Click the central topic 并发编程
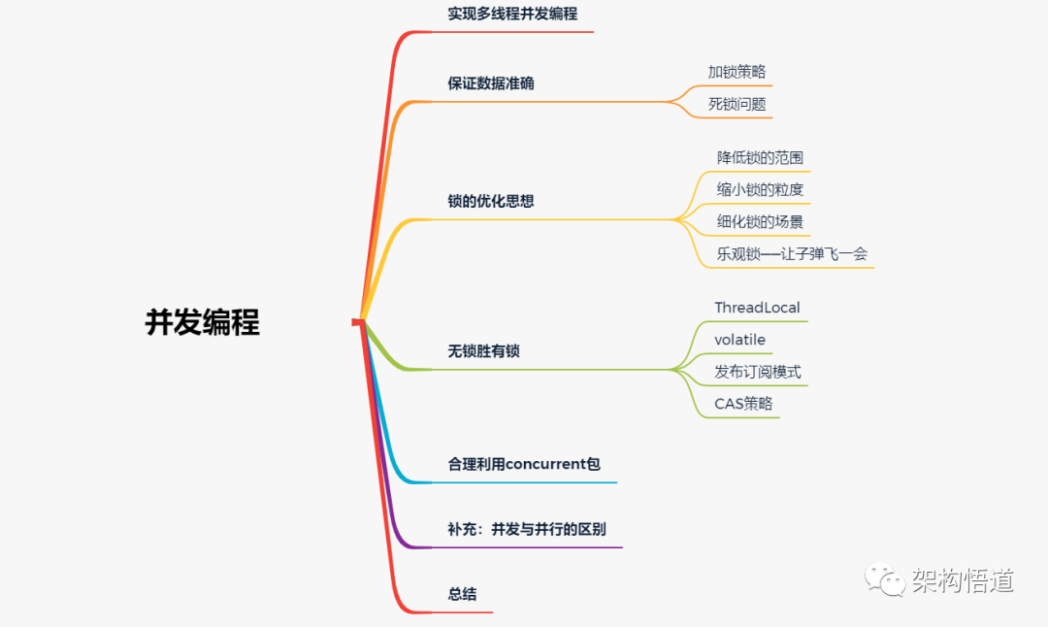pyautogui.click(x=203, y=322)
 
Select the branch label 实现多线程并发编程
pyautogui.click(x=512, y=14)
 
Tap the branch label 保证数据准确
pyautogui.click(x=491, y=83)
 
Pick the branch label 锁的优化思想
pyautogui.click(x=491, y=201)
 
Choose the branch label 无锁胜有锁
pyautogui.click(x=483, y=351)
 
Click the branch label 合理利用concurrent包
pyautogui.click(x=524, y=464)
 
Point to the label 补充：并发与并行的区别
pyautogui.click(x=527, y=529)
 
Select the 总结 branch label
pyautogui.click(x=462, y=594)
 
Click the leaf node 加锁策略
pyautogui.click(x=737, y=72)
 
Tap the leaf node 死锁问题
pyautogui.click(x=737, y=104)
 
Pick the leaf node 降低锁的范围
pyautogui.click(x=760, y=158)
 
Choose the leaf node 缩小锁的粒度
pyautogui.click(x=760, y=190)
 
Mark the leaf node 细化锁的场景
pyautogui.click(x=760, y=222)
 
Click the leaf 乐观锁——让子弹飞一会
pyautogui.click(x=792, y=254)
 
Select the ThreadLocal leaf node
pyautogui.click(x=757, y=308)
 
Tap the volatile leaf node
pyautogui.click(x=739, y=340)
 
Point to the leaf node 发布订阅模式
pyautogui.click(x=757, y=372)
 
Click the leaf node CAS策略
pyautogui.click(x=743, y=404)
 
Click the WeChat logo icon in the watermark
pyautogui.click(x=884, y=578)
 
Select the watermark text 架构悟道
pyautogui.click(x=963, y=580)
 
